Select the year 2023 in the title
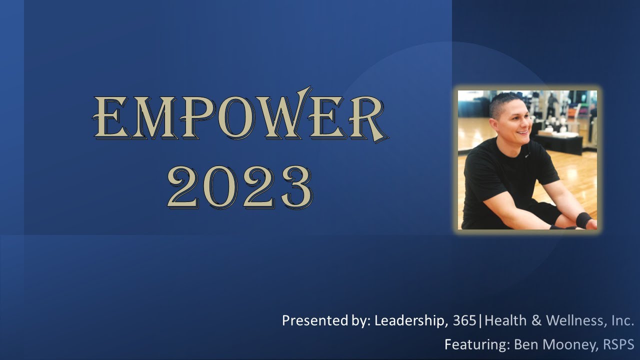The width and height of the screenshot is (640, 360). pos(239,187)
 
